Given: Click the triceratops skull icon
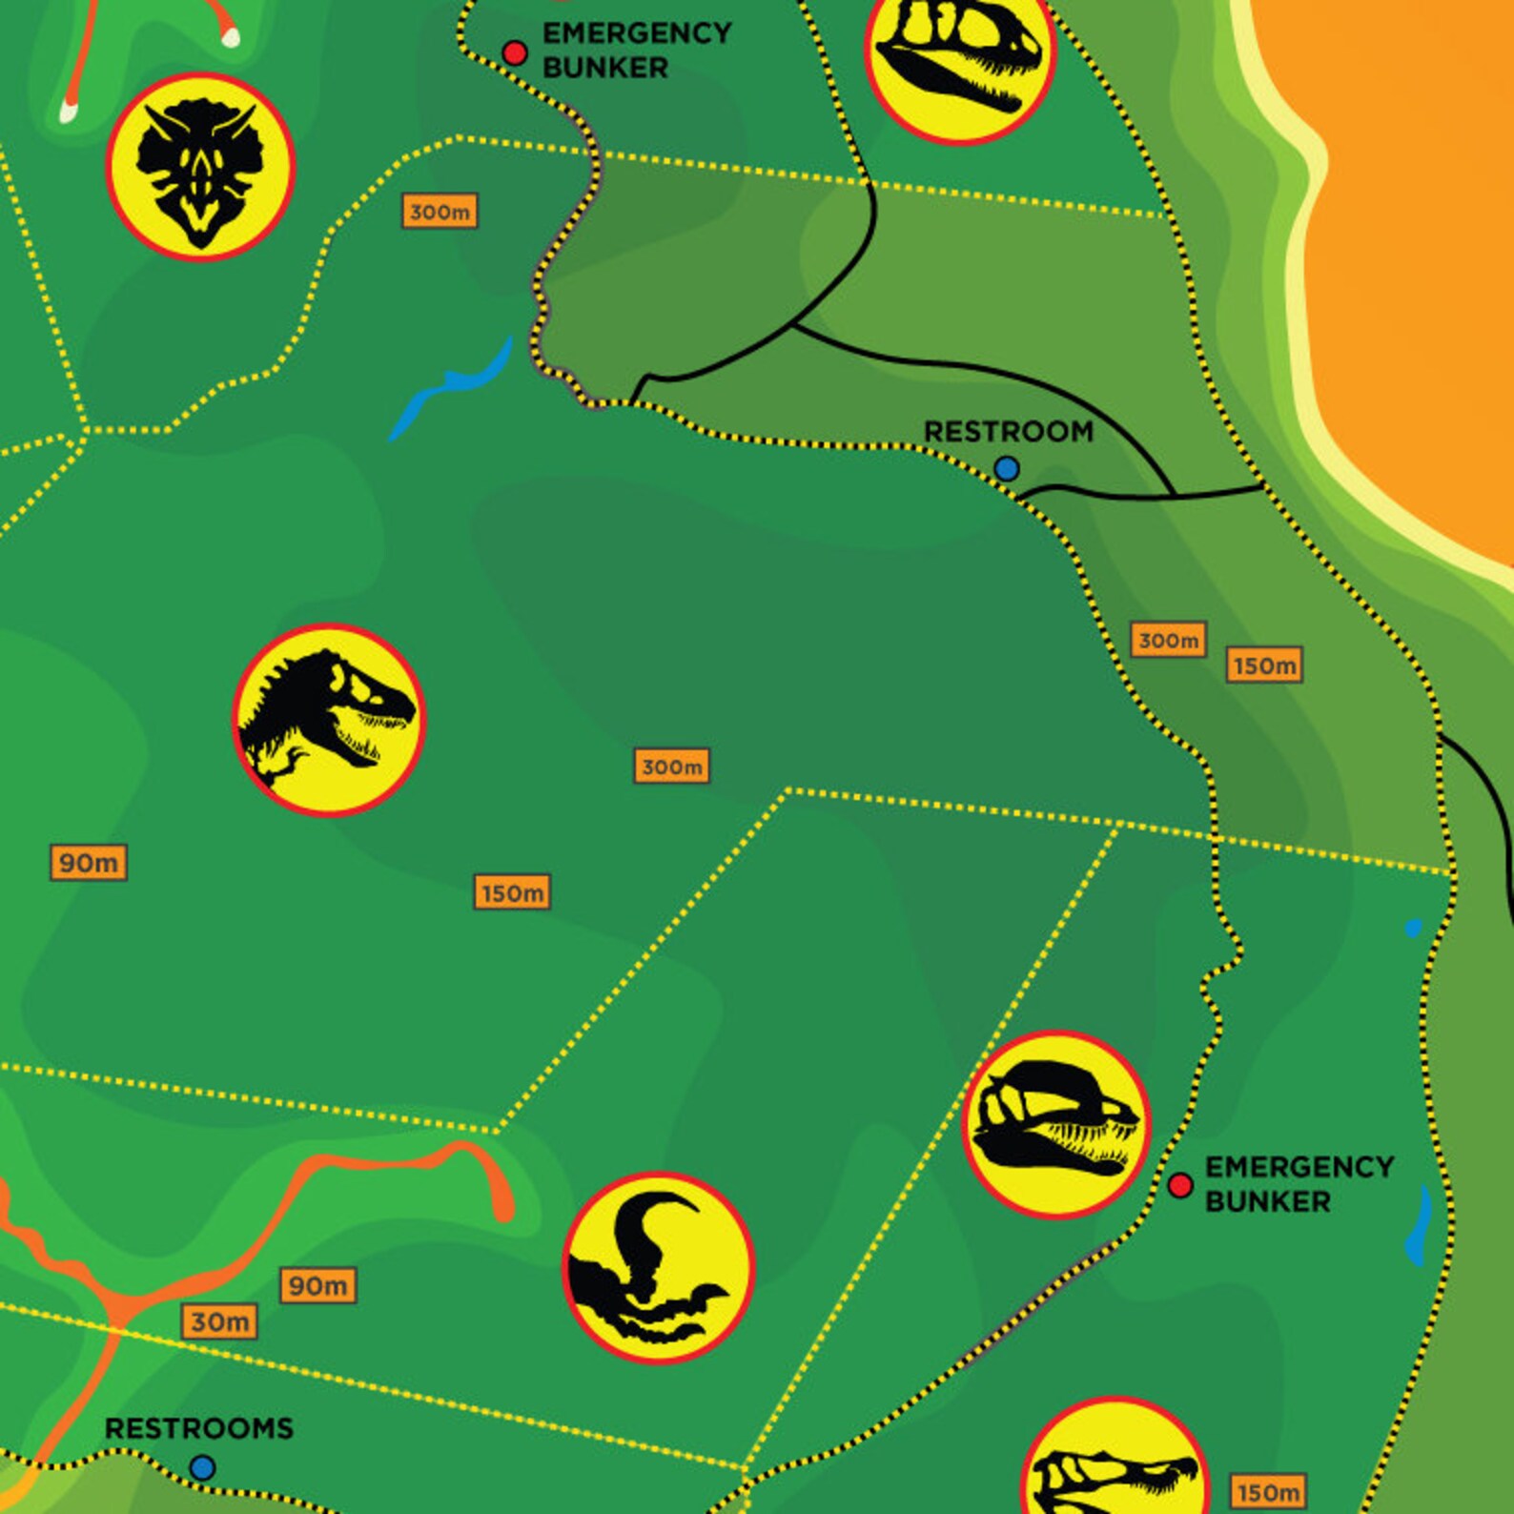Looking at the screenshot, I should pyautogui.click(x=200, y=167).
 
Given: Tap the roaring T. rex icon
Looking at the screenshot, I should pyautogui.click(x=329, y=720).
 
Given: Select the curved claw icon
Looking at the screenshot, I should pyautogui.click(x=658, y=1267).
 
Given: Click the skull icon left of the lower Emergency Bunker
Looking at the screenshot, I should pyautogui.click(x=1056, y=1125).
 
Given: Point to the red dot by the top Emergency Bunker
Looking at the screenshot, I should pyautogui.click(x=515, y=52).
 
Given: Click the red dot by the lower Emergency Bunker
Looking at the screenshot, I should pyautogui.click(x=1180, y=1185).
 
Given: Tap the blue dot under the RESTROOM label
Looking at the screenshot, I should pyautogui.click(x=1007, y=468).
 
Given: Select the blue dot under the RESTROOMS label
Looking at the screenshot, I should pyautogui.click(x=202, y=1467).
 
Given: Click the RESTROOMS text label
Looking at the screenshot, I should pyautogui.click(x=198, y=1428).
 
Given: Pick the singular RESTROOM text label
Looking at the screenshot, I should pyautogui.click(x=1009, y=432).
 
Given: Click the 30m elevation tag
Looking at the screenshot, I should pyautogui.click(x=219, y=1321).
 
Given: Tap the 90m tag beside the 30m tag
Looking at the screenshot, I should pyautogui.click(x=318, y=1285).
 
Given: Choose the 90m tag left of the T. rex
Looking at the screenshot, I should pyautogui.click(x=89, y=863).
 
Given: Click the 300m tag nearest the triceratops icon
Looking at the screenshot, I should pyautogui.click(x=440, y=212).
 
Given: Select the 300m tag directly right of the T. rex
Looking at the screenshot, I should pyautogui.click(x=672, y=766).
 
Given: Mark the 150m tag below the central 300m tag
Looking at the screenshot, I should pyautogui.click(x=512, y=892).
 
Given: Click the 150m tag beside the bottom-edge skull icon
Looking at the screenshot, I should pyautogui.click(x=1268, y=1492).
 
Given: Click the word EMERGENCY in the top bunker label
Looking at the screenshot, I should pyautogui.click(x=637, y=33).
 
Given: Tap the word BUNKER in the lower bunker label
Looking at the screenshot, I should pyautogui.click(x=1267, y=1201).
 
